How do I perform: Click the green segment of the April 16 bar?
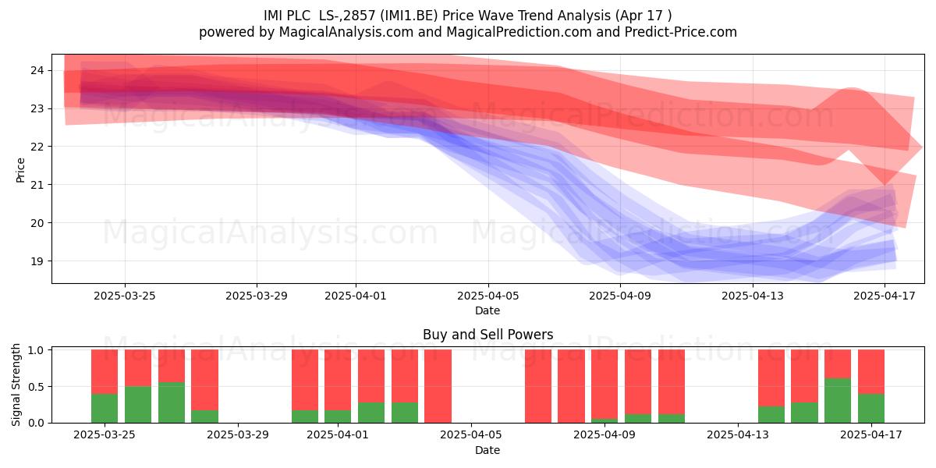click(838, 401)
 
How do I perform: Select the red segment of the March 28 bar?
click(204, 380)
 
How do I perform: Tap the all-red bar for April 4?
click(438, 386)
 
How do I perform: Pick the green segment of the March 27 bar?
click(172, 402)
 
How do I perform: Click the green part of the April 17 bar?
click(871, 408)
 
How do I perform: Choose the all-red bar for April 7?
click(538, 386)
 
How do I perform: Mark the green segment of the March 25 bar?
click(105, 408)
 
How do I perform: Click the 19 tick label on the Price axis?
click(37, 261)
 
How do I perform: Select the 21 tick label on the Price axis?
click(37, 185)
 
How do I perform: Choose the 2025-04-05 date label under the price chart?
click(488, 296)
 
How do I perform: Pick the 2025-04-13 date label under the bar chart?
click(738, 434)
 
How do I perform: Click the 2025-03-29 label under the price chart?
click(257, 296)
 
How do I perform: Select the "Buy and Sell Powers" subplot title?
click(488, 335)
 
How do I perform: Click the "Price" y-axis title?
click(20, 170)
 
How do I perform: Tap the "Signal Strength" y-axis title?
click(16, 385)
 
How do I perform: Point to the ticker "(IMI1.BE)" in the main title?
click(409, 16)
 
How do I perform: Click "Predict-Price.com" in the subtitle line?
click(681, 32)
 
